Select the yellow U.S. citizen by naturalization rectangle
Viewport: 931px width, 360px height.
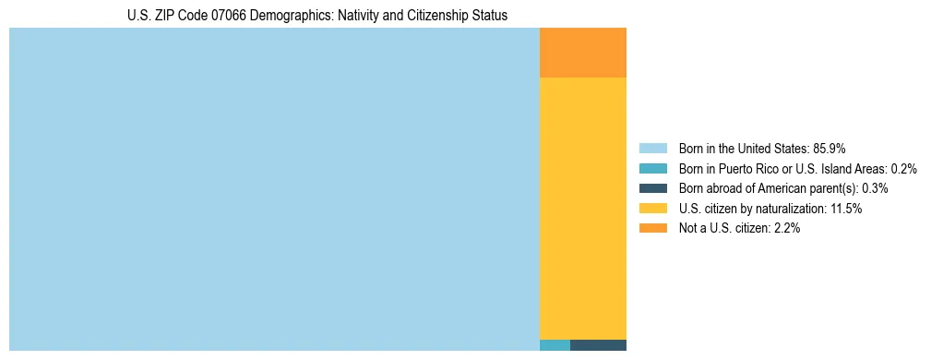tap(583, 209)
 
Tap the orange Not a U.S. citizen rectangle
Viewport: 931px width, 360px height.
tap(583, 53)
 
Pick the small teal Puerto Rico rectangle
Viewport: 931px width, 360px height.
tap(555, 345)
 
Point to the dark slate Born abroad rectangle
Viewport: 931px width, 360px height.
tap(598, 345)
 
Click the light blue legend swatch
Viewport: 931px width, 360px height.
tap(652, 148)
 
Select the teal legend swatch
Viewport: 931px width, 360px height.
tap(652, 168)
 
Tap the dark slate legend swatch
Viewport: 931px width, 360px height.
tap(652, 188)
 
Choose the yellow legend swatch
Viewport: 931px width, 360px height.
tap(652, 209)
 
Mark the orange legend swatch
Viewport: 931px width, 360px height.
tap(652, 228)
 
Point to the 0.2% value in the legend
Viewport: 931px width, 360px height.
tap(903, 168)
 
